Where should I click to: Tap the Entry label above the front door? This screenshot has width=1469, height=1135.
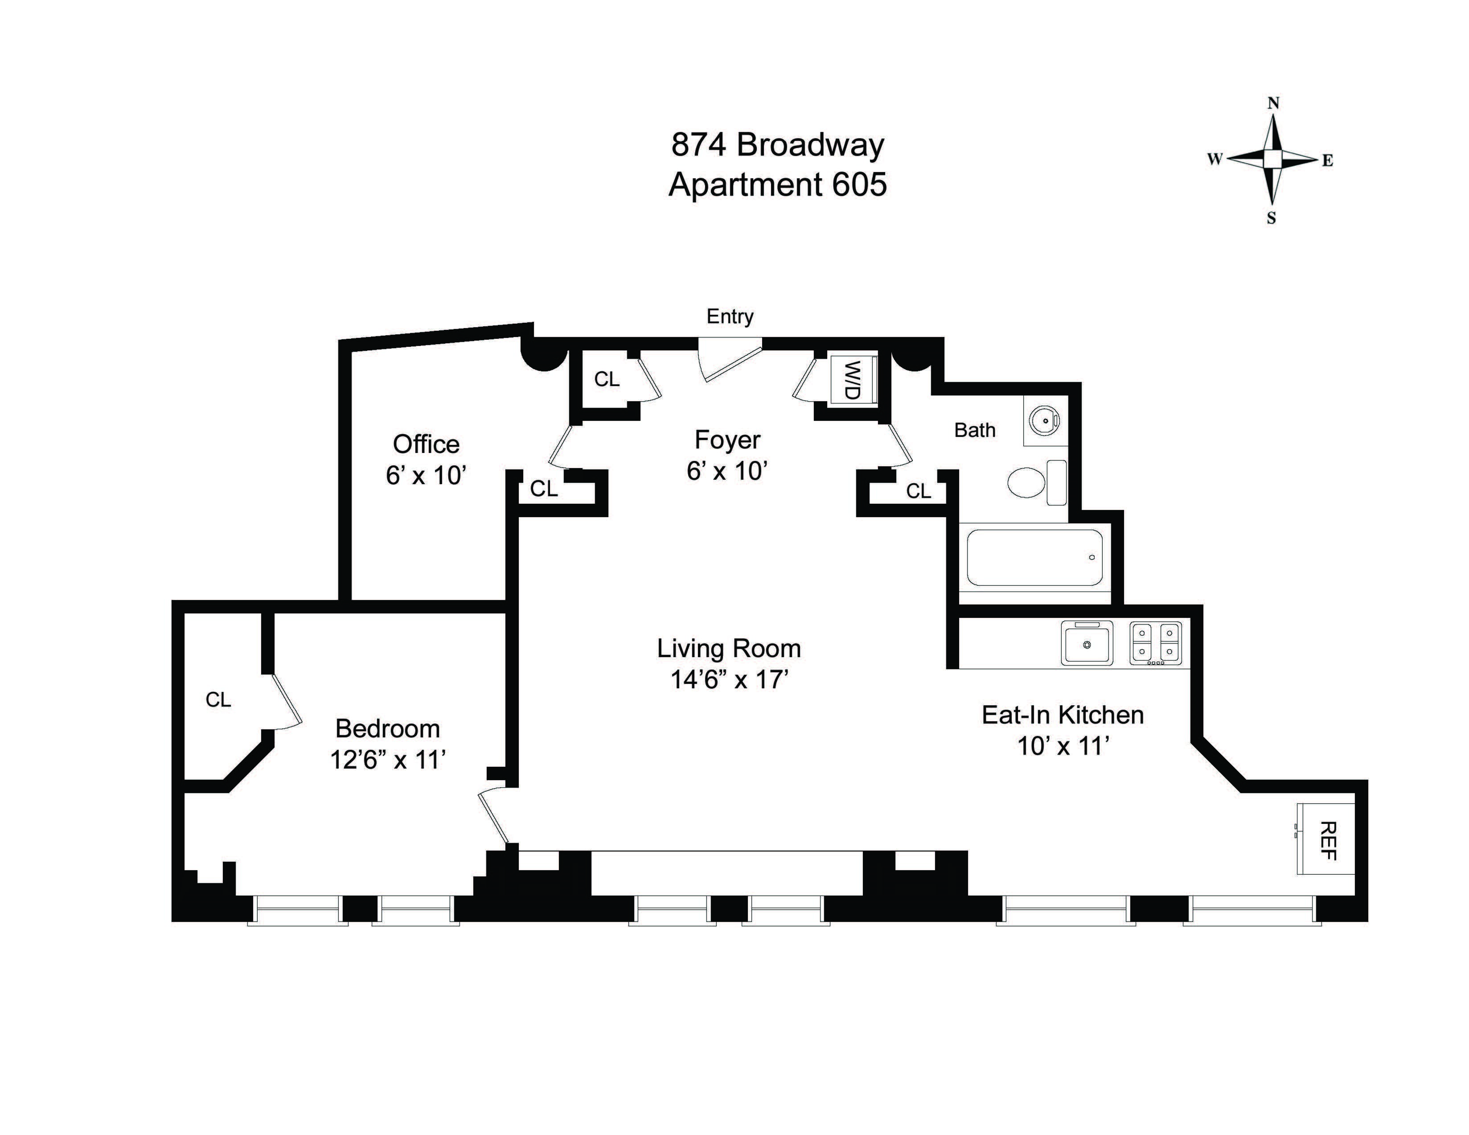730,316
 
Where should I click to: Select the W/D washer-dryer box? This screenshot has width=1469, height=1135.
852,380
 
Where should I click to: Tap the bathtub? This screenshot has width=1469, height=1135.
1034,557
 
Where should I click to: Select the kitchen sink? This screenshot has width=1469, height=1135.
1086,643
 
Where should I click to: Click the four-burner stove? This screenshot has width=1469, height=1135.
1155,643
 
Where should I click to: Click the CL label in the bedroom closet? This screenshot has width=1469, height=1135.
218,700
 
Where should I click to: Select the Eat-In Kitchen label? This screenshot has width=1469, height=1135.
1063,715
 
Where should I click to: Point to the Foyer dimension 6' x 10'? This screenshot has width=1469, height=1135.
727,471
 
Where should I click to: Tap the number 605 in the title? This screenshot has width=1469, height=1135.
860,185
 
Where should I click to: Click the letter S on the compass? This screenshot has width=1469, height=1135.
1271,218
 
